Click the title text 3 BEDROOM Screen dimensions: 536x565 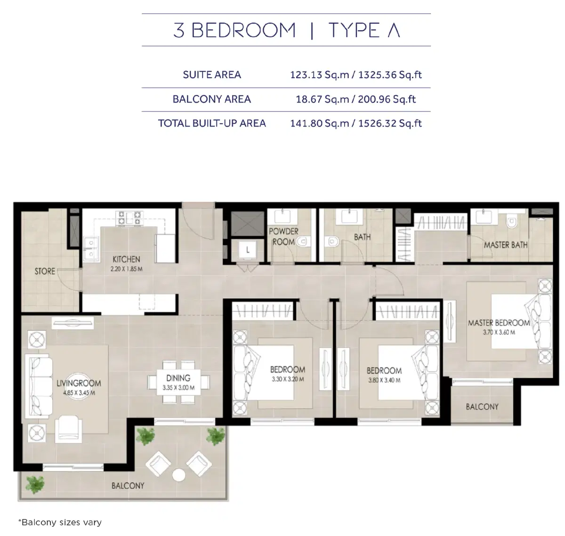tap(234, 31)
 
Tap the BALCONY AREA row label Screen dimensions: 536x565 tap(211, 99)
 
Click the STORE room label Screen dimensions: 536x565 tap(45, 272)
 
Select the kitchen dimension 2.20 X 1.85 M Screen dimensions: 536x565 tap(126, 269)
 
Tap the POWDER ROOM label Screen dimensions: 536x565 tap(283, 237)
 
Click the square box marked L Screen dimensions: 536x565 tap(248, 250)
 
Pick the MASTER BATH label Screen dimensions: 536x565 tap(505, 245)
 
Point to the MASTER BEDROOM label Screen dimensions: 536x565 tap(499, 323)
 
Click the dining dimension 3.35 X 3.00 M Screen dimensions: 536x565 tap(178, 388)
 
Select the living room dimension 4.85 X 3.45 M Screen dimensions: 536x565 tap(79, 393)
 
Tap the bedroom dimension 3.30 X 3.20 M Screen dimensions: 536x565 tap(287, 379)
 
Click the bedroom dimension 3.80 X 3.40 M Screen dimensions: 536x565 tap(384, 380)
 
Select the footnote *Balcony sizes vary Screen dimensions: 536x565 tap(60, 522)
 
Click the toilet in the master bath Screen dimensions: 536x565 tap(510, 221)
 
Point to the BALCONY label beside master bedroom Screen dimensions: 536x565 tap(482, 407)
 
